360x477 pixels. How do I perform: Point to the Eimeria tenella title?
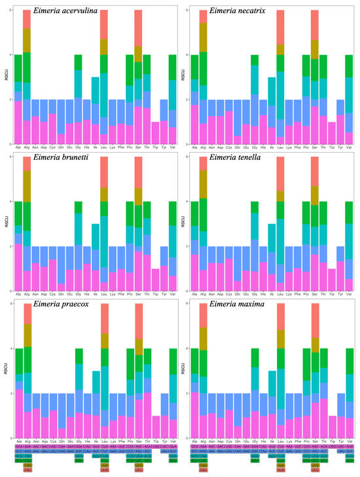click(235, 159)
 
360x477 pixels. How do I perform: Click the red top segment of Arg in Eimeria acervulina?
click(27, 20)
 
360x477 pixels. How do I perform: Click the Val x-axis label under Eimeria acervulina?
click(172, 149)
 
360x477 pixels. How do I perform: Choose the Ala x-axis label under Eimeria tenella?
click(194, 296)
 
